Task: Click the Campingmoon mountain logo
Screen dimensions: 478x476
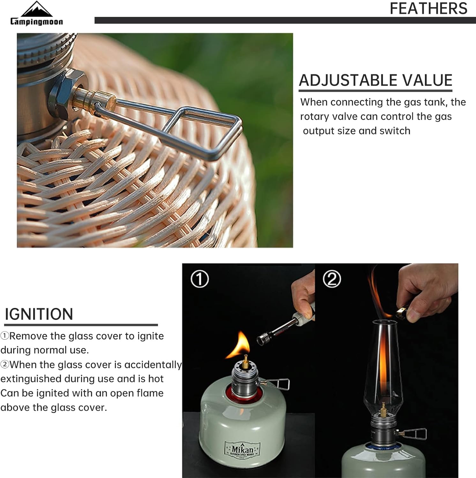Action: pyautogui.click(x=36, y=10)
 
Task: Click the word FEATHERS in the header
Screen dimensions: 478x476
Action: pyautogui.click(x=428, y=9)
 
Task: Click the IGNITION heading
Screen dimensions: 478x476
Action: pyautogui.click(x=39, y=314)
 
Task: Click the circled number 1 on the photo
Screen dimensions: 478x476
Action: pyautogui.click(x=200, y=279)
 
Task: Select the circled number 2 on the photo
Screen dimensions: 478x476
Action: pyautogui.click(x=332, y=279)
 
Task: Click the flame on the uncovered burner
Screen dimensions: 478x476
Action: pyautogui.click(x=240, y=346)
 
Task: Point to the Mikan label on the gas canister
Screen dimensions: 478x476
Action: pyautogui.click(x=242, y=449)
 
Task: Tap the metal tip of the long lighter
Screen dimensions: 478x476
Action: pyautogui.click(x=265, y=337)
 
